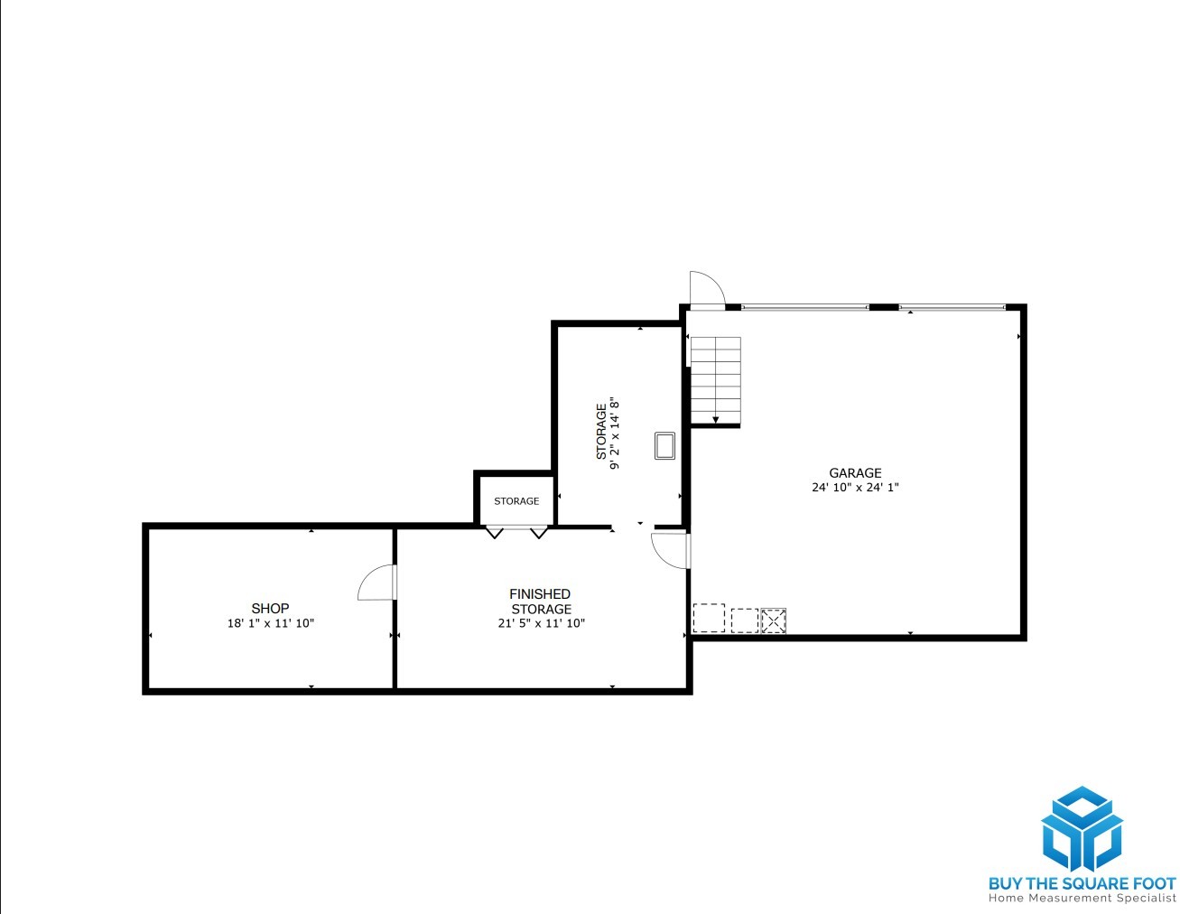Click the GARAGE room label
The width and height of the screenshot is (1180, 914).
click(854, 472)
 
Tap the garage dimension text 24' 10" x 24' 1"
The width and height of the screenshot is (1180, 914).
click(855, 487)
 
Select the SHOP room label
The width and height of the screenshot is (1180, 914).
click(270, 608)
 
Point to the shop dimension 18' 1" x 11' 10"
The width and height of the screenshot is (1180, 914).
click(271, 623)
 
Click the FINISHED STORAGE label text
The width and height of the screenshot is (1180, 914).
click(540, 602)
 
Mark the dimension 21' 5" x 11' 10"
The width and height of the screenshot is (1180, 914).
click(541, 623)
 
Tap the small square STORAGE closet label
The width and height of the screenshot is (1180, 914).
click(516, 500)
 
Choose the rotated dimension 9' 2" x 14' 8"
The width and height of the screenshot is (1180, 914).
click(614, 434)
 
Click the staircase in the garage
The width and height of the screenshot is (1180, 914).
click(715, 380)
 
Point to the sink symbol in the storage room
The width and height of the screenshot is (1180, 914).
click(664, 446)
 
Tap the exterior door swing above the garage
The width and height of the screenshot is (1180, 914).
click(707, 288)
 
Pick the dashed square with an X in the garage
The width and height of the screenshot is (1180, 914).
click(773, 620)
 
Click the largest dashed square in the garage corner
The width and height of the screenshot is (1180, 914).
click(709, 618)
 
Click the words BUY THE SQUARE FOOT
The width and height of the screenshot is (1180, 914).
click(1082, 883)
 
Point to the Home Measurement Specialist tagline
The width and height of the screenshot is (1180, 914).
click(1082, 899)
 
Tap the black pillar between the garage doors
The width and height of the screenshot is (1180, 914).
click(884, 307)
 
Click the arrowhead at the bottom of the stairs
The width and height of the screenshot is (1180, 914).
click(715, 419)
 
